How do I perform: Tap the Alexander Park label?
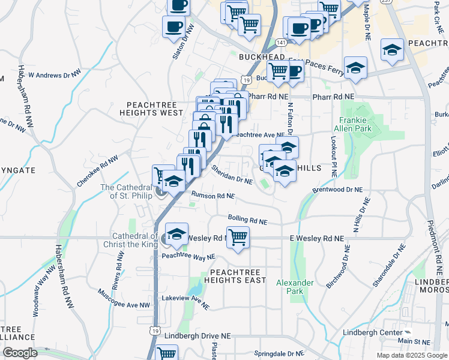tap(295, 287)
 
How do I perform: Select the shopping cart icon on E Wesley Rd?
tap(238, 236)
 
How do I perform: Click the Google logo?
tap(20, 353)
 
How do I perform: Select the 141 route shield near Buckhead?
tap(280, 42)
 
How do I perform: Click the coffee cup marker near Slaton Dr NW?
tap(173, 27)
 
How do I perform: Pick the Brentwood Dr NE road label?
tap(338, 190)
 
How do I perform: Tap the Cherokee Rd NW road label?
tap(97, 170)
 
